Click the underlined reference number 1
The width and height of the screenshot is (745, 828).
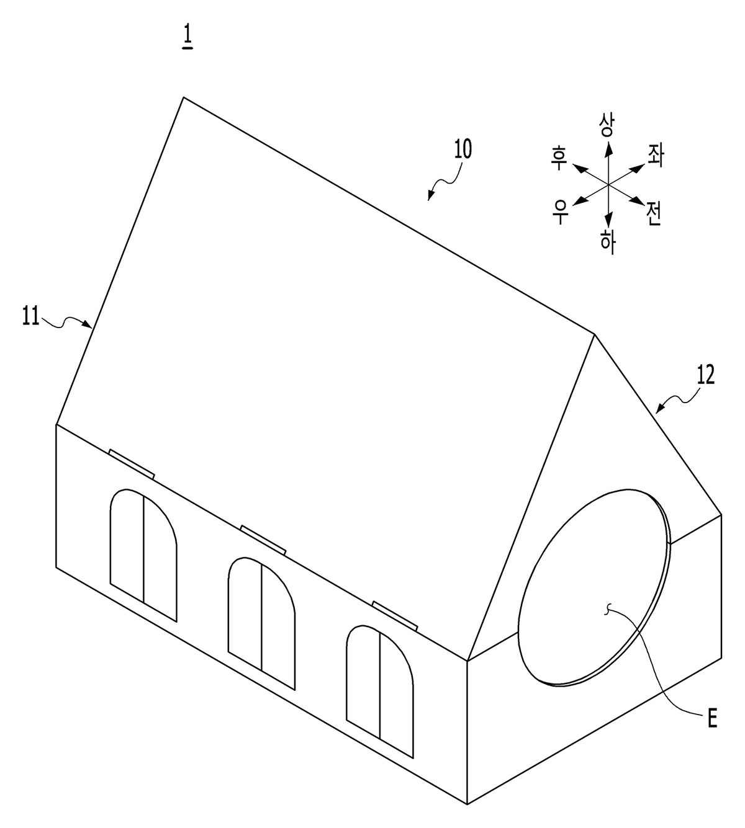187,40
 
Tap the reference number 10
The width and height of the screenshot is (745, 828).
463,150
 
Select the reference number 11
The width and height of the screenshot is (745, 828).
30,317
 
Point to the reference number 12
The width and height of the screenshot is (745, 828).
705,376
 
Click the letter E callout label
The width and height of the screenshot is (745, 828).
712,719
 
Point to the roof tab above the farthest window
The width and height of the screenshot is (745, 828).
132,464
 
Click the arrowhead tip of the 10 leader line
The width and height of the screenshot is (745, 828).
428,200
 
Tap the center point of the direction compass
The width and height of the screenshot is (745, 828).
608,184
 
